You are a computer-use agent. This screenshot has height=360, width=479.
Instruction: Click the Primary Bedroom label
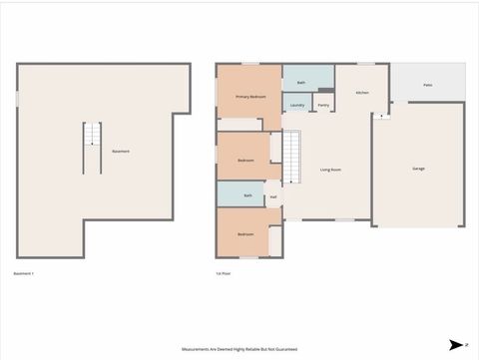[x=249, y=97]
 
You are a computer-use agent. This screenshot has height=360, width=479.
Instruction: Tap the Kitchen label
[x=363, y=93]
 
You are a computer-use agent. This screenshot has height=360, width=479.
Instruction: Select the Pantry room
[x=323, y=104]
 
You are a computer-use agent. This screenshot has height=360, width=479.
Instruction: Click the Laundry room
[x=297, y=104]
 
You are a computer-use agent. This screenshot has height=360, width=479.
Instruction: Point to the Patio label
[x=427, y=86]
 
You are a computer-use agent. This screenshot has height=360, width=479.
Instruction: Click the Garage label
[x=418, y=169]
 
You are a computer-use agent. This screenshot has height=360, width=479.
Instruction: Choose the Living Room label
[x=331, y=170]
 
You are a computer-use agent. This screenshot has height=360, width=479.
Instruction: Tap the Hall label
[x=273, y=196]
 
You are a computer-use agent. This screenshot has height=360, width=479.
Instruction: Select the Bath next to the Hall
[x=247, y=195]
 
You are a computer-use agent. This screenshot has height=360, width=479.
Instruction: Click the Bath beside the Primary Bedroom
[x=301, y=82]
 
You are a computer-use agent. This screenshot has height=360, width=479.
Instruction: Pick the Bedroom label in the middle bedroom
[x=245, y=161]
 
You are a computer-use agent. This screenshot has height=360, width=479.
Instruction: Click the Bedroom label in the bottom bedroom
[x=244, y=233]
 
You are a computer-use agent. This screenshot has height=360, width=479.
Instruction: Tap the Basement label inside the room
[x=121, y=151]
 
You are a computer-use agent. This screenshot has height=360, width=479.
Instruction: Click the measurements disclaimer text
[x=239, y=349]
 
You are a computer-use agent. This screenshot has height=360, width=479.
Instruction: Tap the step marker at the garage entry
[x=381, y=116]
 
